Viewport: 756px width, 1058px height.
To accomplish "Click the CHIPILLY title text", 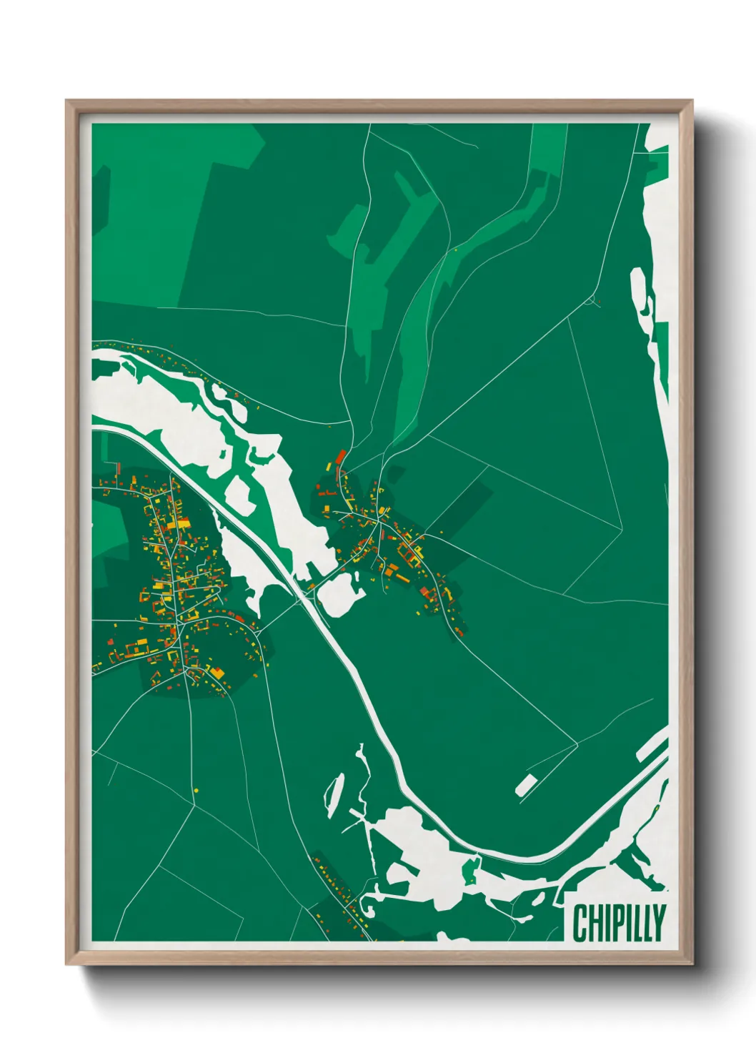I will pos(619,923).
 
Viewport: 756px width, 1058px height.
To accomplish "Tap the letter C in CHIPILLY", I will pos(580,923).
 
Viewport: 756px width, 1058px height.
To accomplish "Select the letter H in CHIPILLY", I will pos(595,923).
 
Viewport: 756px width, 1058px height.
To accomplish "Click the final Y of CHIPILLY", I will pos(659,923).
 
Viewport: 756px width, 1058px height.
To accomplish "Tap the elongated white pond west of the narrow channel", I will pos(333,794).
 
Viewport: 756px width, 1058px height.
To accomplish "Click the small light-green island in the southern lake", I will pos(470,870).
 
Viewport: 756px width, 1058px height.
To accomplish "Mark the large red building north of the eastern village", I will pos(341,456).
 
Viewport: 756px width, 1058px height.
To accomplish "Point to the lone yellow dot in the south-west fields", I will pos(196,790).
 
